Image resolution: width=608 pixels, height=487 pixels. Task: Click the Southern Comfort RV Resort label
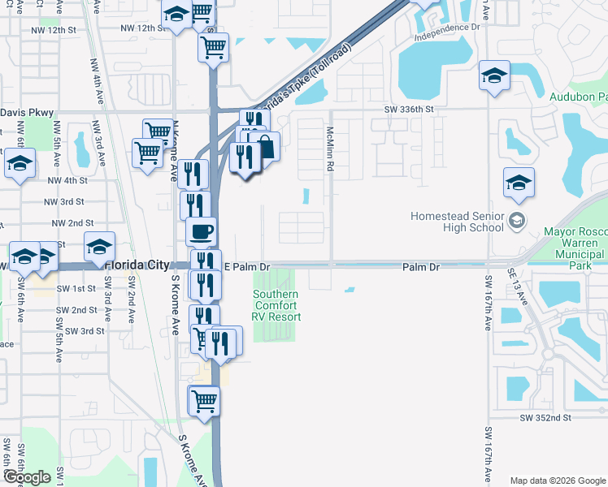coord(276,306)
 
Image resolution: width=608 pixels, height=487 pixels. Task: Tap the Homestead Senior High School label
coord(458,222)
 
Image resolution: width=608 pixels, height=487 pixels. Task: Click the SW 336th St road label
coord(410,109)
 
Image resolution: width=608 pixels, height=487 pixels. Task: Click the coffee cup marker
coord(202,231)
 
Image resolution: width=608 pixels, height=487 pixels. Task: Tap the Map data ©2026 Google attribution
coord(558,481)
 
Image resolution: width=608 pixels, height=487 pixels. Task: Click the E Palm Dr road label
coord(246,266)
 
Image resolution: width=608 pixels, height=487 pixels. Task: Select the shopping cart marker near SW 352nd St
coord(204,400)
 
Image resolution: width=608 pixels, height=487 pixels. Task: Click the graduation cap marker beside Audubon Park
coord(493,76)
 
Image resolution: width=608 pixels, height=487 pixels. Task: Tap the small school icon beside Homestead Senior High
coord(515,221)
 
